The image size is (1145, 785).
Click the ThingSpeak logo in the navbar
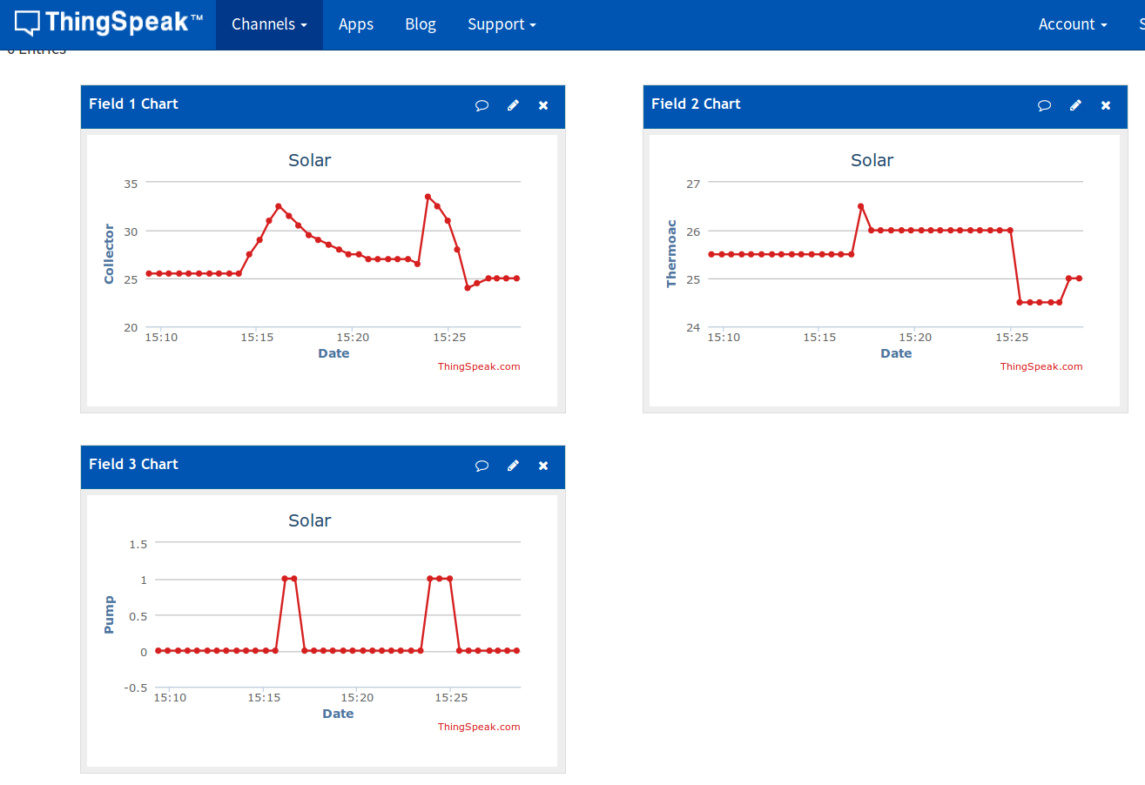(109, 23)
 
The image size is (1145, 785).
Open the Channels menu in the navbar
(269, 24)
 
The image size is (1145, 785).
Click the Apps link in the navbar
(356, 24)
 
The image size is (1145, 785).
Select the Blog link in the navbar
(421, 24)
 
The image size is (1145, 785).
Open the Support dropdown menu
(502, 24)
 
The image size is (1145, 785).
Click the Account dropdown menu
(1073, 24)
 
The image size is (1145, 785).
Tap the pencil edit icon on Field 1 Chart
(513, 105)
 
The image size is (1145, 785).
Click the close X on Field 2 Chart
(1106, 105)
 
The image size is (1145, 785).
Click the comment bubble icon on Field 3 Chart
(482, 466)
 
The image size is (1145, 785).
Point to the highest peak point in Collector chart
(428, 197)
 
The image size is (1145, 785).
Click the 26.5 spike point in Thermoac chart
(860, 206)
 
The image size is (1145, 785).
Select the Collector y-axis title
(109, 254)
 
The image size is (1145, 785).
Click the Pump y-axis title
(109, 614)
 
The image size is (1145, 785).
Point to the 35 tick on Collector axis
(131, 184)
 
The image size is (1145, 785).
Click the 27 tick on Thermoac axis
(693, 184)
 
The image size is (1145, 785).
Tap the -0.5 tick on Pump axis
(136, 688)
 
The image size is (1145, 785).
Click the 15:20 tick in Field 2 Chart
(914, 337)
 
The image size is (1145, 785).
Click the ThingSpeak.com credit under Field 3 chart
(479, 727)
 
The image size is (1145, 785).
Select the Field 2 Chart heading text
(696, 104)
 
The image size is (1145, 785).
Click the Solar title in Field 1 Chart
(310, 160)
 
